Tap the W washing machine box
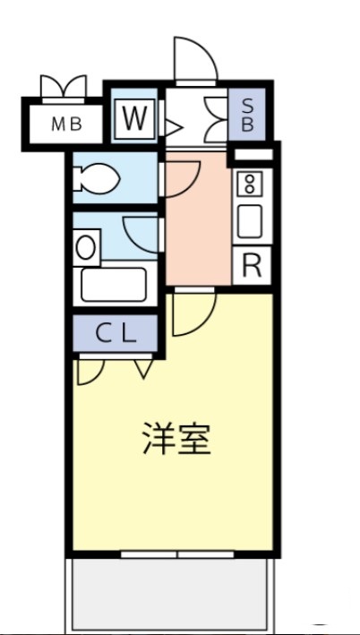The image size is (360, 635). tap(133, 118)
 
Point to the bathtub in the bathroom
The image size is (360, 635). tap(114, 285)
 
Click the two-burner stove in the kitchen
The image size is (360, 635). tap(248, 185)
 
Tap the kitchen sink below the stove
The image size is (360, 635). tap(248, 221)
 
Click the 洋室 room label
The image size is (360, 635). tap(176, 438)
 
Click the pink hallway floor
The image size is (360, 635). tap(197, 233)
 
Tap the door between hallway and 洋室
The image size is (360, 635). tap(193, 313)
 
